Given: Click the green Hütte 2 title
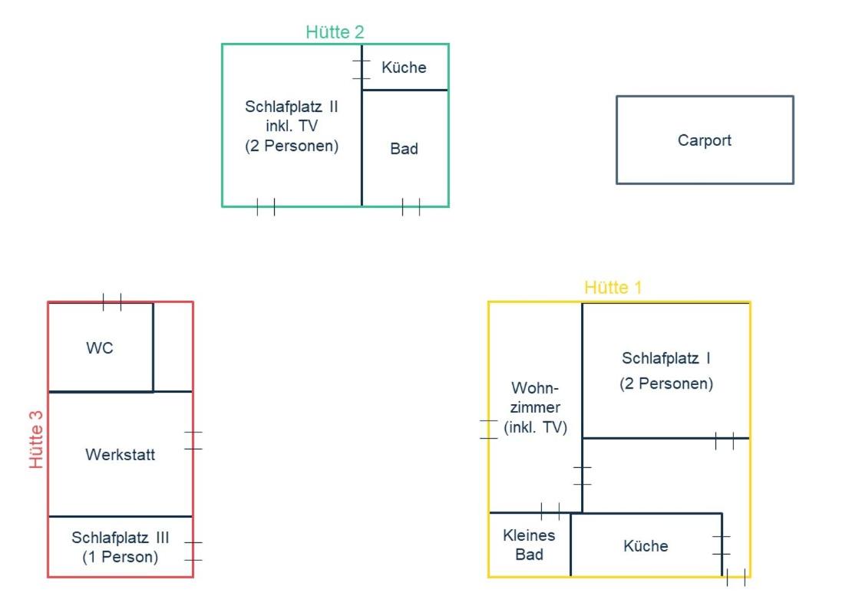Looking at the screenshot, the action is coord(335,32).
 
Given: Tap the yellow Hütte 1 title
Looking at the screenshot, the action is coord(613,287).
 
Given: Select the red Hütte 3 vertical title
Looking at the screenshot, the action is coord(36,439).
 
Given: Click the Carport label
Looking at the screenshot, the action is coord(704,140).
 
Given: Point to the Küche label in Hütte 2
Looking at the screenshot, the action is coord(404,67).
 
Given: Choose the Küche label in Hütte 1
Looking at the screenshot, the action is coord(646,546).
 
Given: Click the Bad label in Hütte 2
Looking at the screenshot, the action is coord(404,148).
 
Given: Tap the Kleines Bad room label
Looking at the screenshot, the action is coord(529,545).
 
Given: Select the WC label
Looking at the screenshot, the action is coord(100,347).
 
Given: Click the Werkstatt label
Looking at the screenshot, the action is coord(121,454).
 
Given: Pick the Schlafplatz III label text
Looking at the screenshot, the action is coord(121,537).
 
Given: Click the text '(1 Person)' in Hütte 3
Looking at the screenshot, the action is coord(121,557).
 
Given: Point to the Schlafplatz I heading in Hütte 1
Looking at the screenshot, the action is coord(666,358).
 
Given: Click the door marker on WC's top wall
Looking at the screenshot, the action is coord(112,302).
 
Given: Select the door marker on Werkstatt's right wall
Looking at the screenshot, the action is coord(193,440).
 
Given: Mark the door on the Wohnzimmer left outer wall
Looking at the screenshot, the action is coord(488,430).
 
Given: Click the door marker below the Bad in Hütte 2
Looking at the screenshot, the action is coord(411,207).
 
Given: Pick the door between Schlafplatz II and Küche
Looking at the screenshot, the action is coord(362,70).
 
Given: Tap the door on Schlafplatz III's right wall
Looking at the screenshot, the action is coord(193,551).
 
